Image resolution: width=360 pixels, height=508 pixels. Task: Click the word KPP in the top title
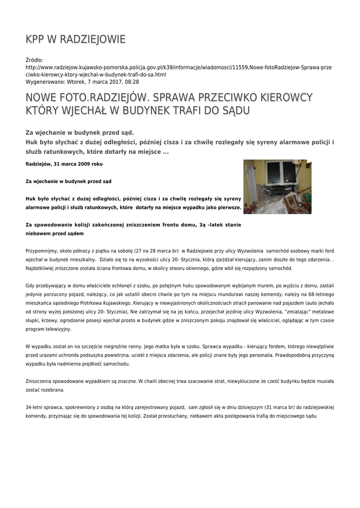click(36, 39)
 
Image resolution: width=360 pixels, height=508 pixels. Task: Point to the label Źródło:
click(34, 60)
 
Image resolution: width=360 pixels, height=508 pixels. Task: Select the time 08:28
click(132, 81)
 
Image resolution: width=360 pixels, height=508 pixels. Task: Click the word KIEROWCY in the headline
click(288, 97)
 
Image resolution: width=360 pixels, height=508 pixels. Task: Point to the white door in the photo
click(252, 186)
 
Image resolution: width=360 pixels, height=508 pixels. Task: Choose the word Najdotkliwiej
click(44, 268)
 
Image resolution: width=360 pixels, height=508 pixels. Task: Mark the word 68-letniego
click(317, 294)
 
